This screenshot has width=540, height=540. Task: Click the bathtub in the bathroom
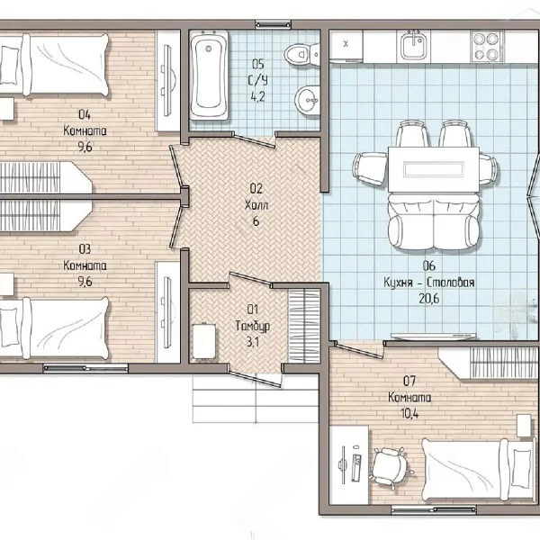tap(209, 75)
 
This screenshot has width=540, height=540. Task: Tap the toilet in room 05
tap(302, 54)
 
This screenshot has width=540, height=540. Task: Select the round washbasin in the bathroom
tap(307, 101)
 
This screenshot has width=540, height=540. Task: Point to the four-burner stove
tap(487, 46)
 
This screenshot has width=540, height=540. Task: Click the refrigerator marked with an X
tap(346, 45)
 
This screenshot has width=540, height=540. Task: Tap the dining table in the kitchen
tap(434, 169)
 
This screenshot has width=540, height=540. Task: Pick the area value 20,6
tap(429, 298)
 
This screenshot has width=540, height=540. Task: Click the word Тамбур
tap(253, 326)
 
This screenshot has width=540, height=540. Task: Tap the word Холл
tap(256, 205)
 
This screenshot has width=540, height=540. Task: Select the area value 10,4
tap(409, 413)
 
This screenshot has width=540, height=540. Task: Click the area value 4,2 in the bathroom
tap(257, 97)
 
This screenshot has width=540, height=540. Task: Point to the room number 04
tap(85, 114)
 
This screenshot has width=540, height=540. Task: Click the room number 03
tap(85, 248)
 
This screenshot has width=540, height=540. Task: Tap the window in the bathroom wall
tap(273, 24)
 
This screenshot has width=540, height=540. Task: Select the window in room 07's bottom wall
tap(434, 509)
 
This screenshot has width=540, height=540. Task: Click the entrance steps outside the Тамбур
tap(256, 399)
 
